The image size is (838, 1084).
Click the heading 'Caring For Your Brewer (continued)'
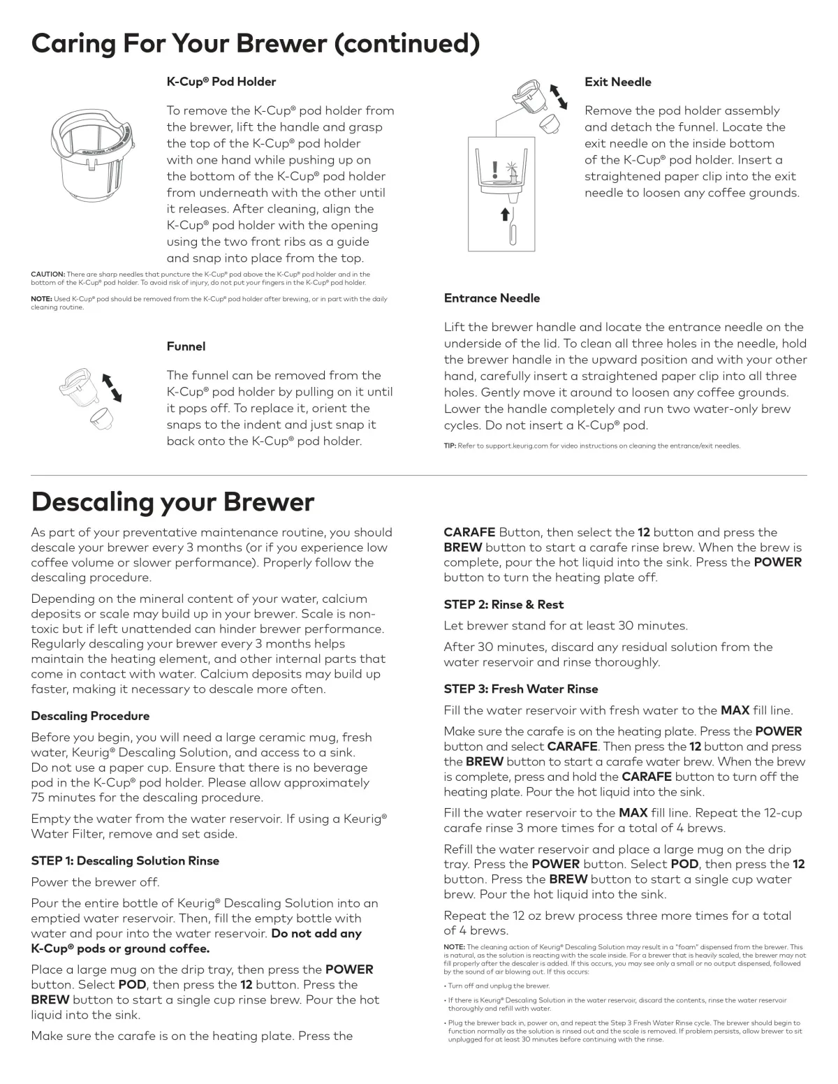[x=255, y=43]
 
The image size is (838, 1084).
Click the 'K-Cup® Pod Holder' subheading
[x=221, y=82]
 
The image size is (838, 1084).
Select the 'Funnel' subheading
[x=186, y=346]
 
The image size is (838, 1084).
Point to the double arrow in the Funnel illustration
[x=112, y=388]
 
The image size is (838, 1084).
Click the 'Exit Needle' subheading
[x=617, y=82]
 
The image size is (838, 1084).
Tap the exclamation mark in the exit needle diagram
[x=494, y=169]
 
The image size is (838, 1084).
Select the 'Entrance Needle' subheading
[x=492, y=298]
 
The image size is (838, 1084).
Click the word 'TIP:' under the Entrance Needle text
[x=450, y=446]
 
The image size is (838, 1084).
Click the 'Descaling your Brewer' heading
[x=172, y=501]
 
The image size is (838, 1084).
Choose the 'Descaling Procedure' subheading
[x=90, y=716]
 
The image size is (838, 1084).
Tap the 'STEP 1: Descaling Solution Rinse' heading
[x=125, y=860]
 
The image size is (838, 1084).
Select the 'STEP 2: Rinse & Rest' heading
[x=503, y=604]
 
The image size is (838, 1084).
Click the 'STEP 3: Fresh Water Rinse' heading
[x=521, y=689]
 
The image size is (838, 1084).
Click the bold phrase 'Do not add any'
[x=316, y=933]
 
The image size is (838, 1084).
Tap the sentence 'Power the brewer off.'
[x=95, y=882]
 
